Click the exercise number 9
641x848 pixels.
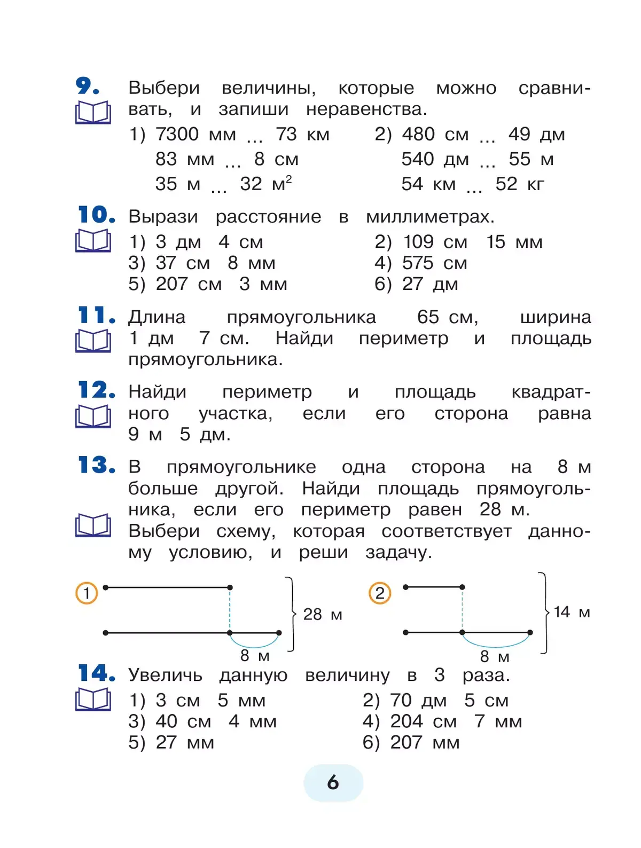(x=87, y=87)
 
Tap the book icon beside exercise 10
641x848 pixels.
(x=93, y=241)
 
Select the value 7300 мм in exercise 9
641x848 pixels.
(x=196, y=135)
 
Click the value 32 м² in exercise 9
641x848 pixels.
(x=265, y=184)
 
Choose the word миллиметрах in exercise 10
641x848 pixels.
(x=430, y=217)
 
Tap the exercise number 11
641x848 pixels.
(x=96, y=316)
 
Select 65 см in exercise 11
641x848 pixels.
(x=447, y=317)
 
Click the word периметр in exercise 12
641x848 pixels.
(x=267, y=392)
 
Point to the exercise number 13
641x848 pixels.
(x=96, y=465)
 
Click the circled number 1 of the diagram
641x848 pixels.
(x=87, y=593)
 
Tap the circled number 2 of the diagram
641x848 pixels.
(x=380, y=593)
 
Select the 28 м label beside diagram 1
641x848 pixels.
(x=323, y=615)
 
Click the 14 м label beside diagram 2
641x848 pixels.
(x=572, y=613)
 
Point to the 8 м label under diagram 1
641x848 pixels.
(x=255, y=655)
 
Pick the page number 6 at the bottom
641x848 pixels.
(x=333, y=783)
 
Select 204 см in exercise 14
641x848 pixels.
(x=423, y=722)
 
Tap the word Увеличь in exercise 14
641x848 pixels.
(x=165, y=676)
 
